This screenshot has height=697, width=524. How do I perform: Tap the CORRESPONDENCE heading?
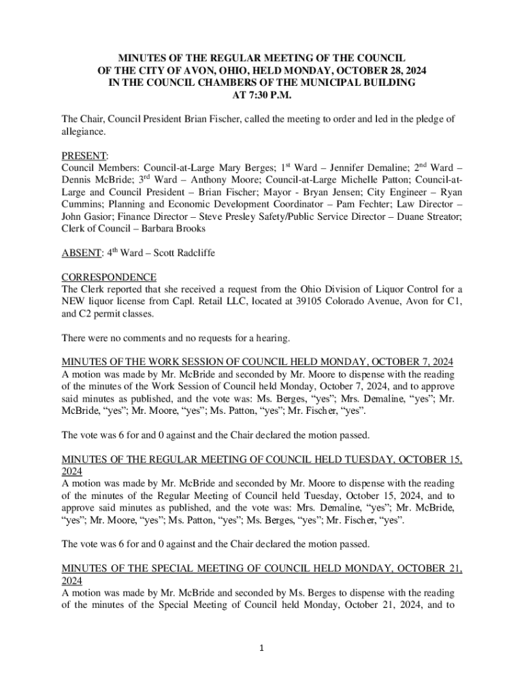coord(109,278)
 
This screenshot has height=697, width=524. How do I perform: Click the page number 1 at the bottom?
coord(262,648)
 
